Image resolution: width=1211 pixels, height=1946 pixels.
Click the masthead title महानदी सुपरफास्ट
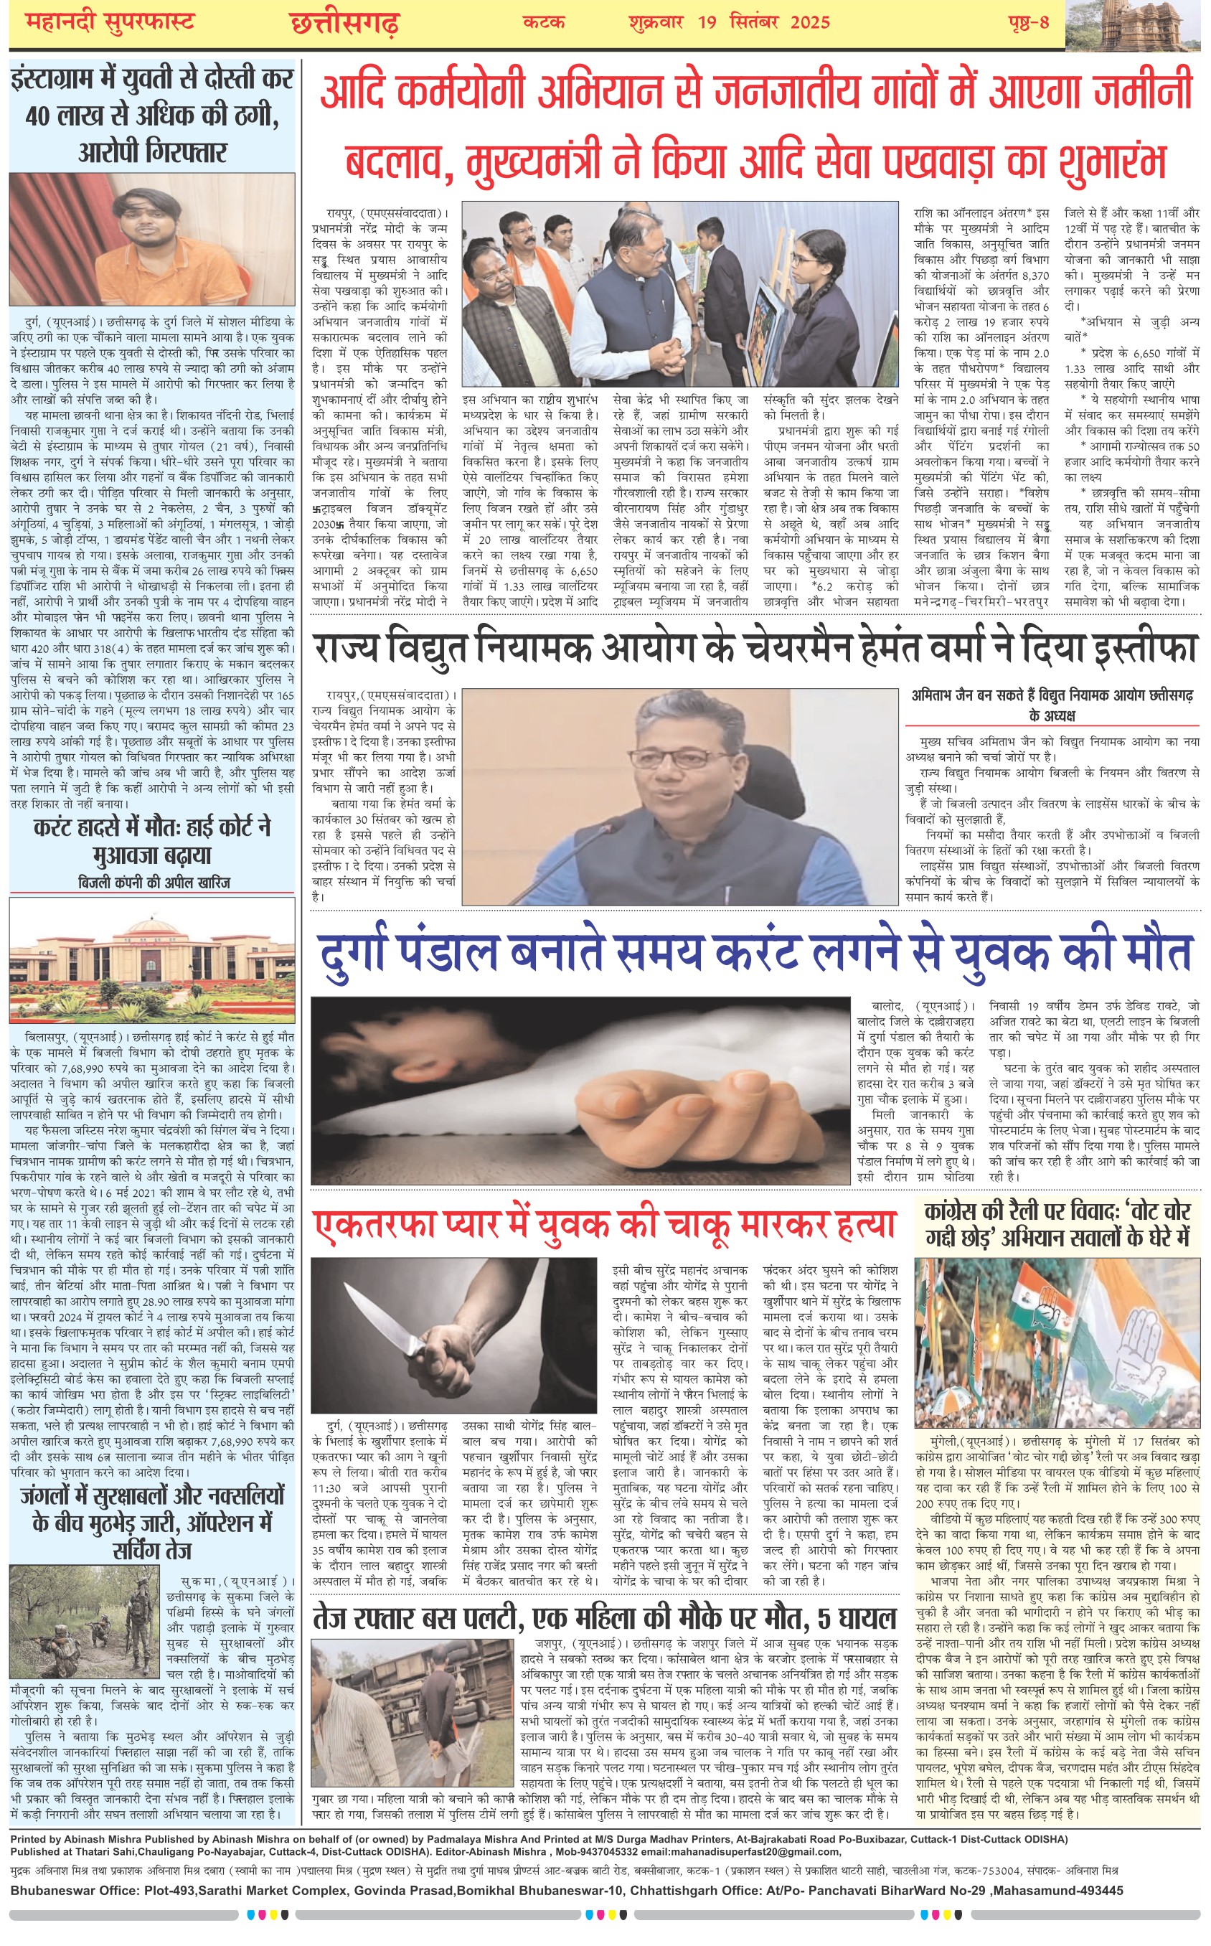tap(110, 22)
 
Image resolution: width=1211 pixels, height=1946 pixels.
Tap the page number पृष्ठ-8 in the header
tap(1027, 22)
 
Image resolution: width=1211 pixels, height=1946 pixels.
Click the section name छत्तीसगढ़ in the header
tap(344, 23)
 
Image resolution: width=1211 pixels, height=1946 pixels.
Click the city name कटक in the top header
tap(543, 22)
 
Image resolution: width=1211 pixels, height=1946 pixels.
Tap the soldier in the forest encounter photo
tap(138, 1607)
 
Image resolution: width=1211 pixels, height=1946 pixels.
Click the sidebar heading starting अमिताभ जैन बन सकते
tap(1052, 704)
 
